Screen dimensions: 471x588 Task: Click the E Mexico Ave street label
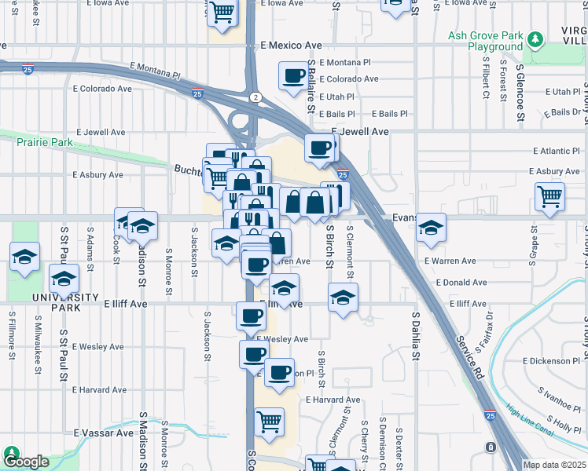[292, 46]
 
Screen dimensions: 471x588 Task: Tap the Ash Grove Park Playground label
[485, 41]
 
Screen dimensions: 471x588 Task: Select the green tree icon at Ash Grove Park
[535, 39]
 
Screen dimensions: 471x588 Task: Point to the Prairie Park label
[46, 142]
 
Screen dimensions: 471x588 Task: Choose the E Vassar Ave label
[104, 433]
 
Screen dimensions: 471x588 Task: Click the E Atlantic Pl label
[556, 151]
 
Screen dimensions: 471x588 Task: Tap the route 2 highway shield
[255, 97]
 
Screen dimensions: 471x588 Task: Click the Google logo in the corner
[26, 462]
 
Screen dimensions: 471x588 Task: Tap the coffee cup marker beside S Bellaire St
[294, 76]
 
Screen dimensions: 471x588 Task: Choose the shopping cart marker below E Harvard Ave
[269, 422]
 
